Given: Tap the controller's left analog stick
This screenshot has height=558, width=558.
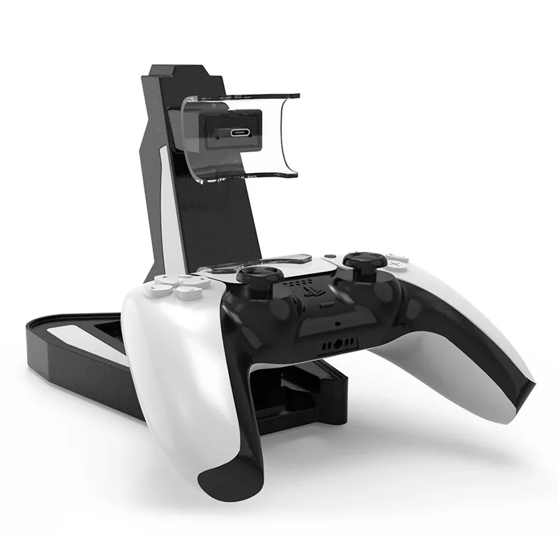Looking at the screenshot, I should [x=259, y=274].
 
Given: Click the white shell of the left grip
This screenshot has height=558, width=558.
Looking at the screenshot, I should [x=167, y=363].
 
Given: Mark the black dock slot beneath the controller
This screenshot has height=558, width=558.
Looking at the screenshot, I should [x=293, y=391].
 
